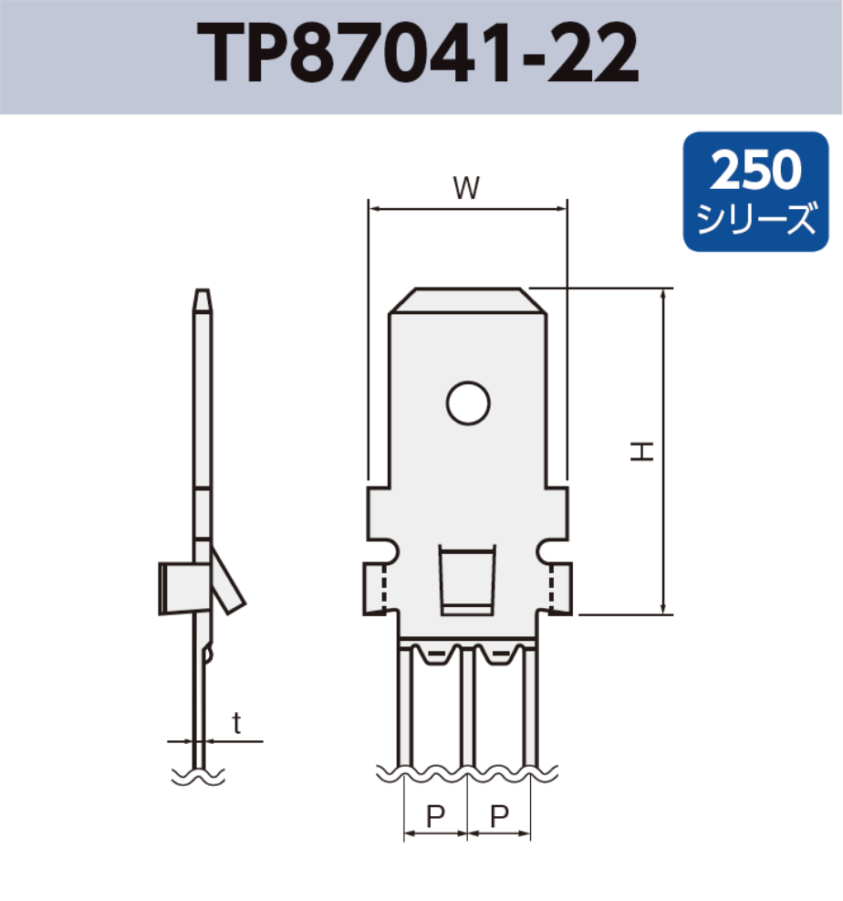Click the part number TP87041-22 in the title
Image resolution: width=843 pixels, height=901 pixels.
click(421, 57)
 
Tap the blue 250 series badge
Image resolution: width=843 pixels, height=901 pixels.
click(755, 192)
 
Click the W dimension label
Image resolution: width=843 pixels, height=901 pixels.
click(466, 188)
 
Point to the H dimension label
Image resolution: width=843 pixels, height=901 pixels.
click(644, 451)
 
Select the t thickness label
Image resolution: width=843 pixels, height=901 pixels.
click(236, 724)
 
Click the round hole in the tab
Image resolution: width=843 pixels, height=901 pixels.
click(468, 403)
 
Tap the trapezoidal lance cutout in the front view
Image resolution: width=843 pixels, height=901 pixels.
click(467, 579)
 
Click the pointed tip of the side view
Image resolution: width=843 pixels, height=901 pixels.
click(203, 299)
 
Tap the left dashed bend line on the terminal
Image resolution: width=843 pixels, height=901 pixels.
click(385, 589)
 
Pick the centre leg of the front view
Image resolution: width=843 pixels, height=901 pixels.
click(467, 707)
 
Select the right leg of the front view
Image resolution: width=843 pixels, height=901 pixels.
click(530, 707)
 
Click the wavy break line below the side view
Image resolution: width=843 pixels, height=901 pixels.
click(198, 778)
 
